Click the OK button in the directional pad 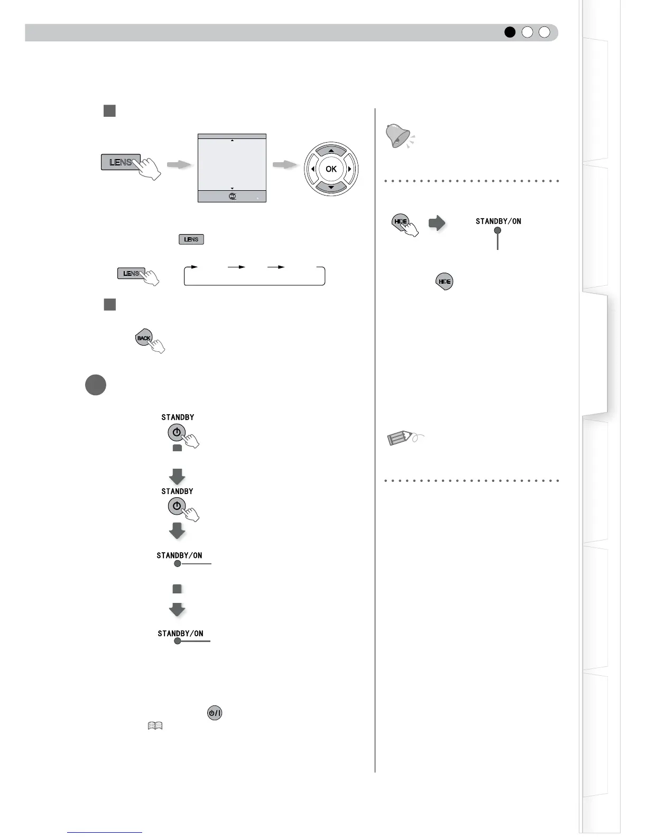(x=331, y=169)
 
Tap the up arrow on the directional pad (x=331, y=151)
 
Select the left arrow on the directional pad (x=313, y=169)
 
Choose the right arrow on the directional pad (x=349, y=169)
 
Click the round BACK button (x=143, y=338)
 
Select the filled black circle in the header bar (x=510, y=32)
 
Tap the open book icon (x=155, y=726)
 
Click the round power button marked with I (x=215, y=713)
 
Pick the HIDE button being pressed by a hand (x=400, y=221)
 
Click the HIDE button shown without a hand (x=445, y=282)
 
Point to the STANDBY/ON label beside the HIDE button (x=498, y=221)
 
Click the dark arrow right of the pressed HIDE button (x=437, y=223)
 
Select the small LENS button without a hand (x=191, y=239)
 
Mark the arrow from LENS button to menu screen (x=179, y=165)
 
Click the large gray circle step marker (x=95, y=385)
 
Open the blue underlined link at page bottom (x=105, y=832)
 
